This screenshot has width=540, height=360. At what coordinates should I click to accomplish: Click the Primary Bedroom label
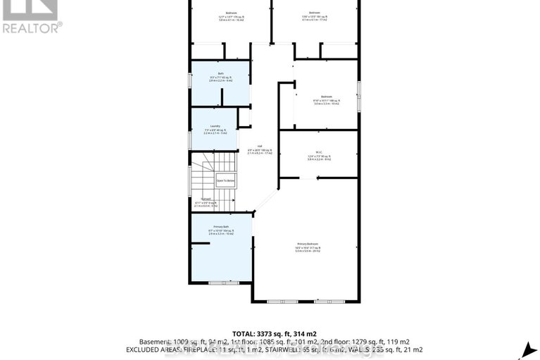pyautogui.click(x=308, y=245)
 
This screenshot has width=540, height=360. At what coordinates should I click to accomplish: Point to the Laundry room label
pyautogui.click(x=215, y=127)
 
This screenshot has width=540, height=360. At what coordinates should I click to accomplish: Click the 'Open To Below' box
pyautogui.click(x=225, y=181)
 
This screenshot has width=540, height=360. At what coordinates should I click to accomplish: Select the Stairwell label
pyautogui.click(x=206, y=199)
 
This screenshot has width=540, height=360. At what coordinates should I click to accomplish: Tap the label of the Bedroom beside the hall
pyautogui.click(x=326, y=97)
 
